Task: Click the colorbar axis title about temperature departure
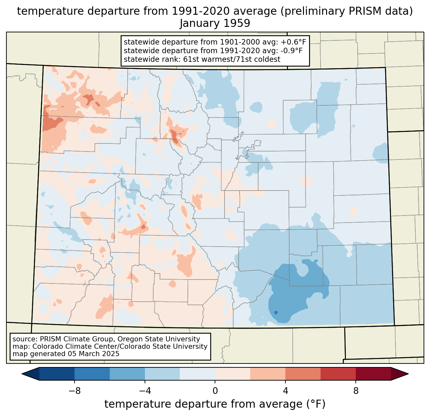click(x=215, y=404)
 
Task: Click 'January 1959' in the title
click(x=215, y=23)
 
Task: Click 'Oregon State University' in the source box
click(x=159, y=339)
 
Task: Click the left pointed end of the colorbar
click(x=22, y=374)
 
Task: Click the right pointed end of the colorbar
click(x=408, y=374)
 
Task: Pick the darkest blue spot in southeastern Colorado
click(x=276, y=313)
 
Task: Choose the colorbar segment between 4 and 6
click(x=303, y=374)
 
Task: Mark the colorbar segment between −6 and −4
click(x=127, y=374)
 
